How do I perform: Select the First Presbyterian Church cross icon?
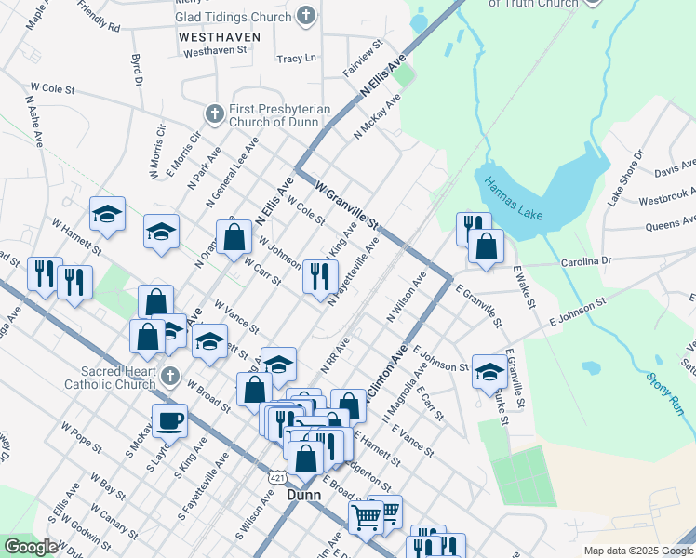[x=214, y=113]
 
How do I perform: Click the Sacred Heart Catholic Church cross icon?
[x=168, y=377]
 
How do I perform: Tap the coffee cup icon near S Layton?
[x=169, y=419]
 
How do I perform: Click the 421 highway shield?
[x=277, y=477]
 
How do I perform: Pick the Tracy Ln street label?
[x=297, y=58]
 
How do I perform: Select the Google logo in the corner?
[x=31, y=547]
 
